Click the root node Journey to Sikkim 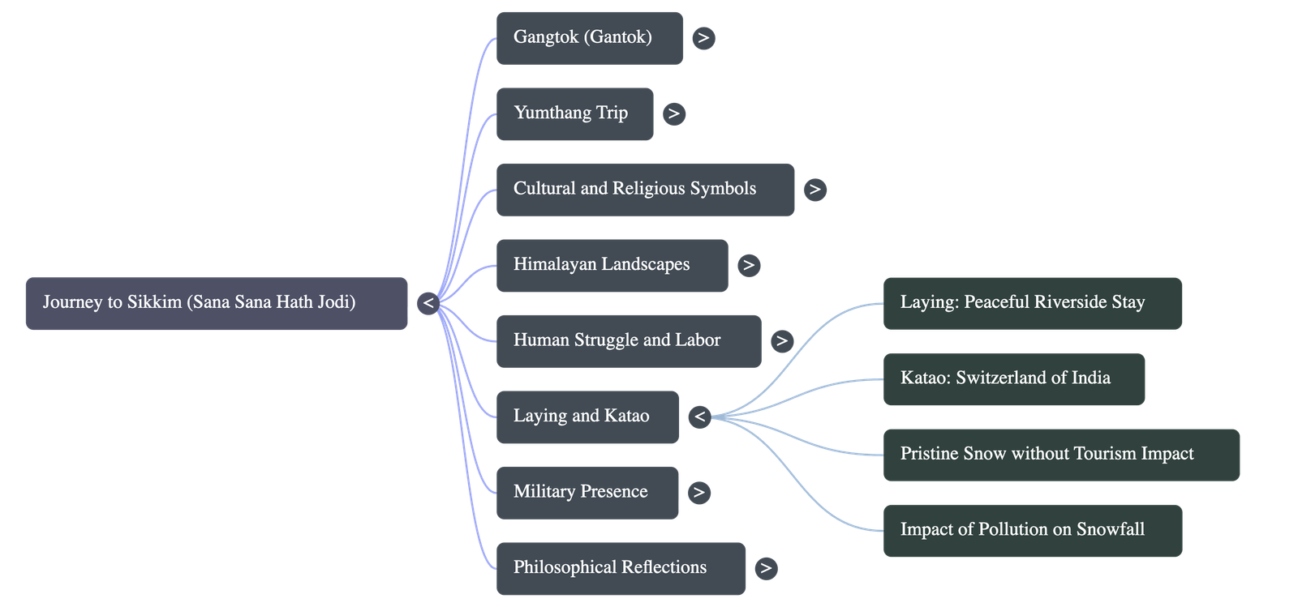[216, 303]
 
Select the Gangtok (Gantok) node [589, 37]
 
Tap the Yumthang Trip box [574, 113]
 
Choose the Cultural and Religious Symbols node [645, 189]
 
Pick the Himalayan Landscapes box [612, 265]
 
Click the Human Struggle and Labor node [629, 340]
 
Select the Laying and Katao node [587, 417]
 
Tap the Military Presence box [587, 492]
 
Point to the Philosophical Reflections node [621, 568]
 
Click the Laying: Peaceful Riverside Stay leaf [1032, 303]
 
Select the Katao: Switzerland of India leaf [1014, 378]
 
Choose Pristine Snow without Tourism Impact [1061, 455]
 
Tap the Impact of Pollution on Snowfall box [1032, 530]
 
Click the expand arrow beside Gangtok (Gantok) [703, 38]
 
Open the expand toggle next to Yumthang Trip [673, 113]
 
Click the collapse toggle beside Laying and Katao [699, 417]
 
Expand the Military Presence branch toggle [698, 493]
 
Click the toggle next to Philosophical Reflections [765, 568]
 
